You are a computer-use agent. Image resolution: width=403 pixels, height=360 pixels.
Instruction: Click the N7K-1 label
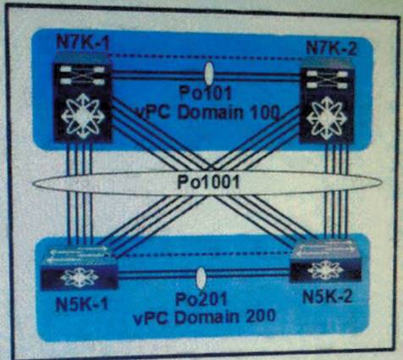click(x=83, y=43)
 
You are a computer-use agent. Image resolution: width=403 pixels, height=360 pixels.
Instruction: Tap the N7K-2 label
click(x=331, y=48)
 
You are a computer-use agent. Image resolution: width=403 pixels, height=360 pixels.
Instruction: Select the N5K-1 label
click(x=82, y=304)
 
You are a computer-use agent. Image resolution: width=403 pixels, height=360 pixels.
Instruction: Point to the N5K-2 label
click(x=327, y=296)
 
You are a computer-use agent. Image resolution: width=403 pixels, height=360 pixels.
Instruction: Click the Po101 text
click(x=206, y=94)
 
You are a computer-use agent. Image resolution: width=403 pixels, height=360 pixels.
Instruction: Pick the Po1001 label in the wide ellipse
click(x=208, y=182)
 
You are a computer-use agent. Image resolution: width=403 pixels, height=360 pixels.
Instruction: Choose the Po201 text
click(x=201, y=299)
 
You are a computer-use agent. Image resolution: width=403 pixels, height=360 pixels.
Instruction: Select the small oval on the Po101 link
click(x=208, y=73)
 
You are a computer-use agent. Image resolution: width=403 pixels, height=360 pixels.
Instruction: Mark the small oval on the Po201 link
click(x=201, y=279)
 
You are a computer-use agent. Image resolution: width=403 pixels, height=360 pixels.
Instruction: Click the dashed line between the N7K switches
click(x=206, y=58)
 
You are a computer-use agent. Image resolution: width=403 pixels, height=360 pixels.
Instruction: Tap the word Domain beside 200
click(x=207, y=318)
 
